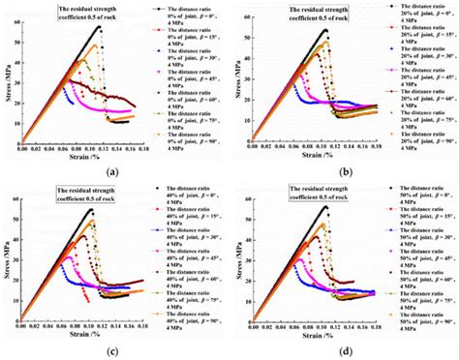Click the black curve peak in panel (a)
point(100,27)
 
